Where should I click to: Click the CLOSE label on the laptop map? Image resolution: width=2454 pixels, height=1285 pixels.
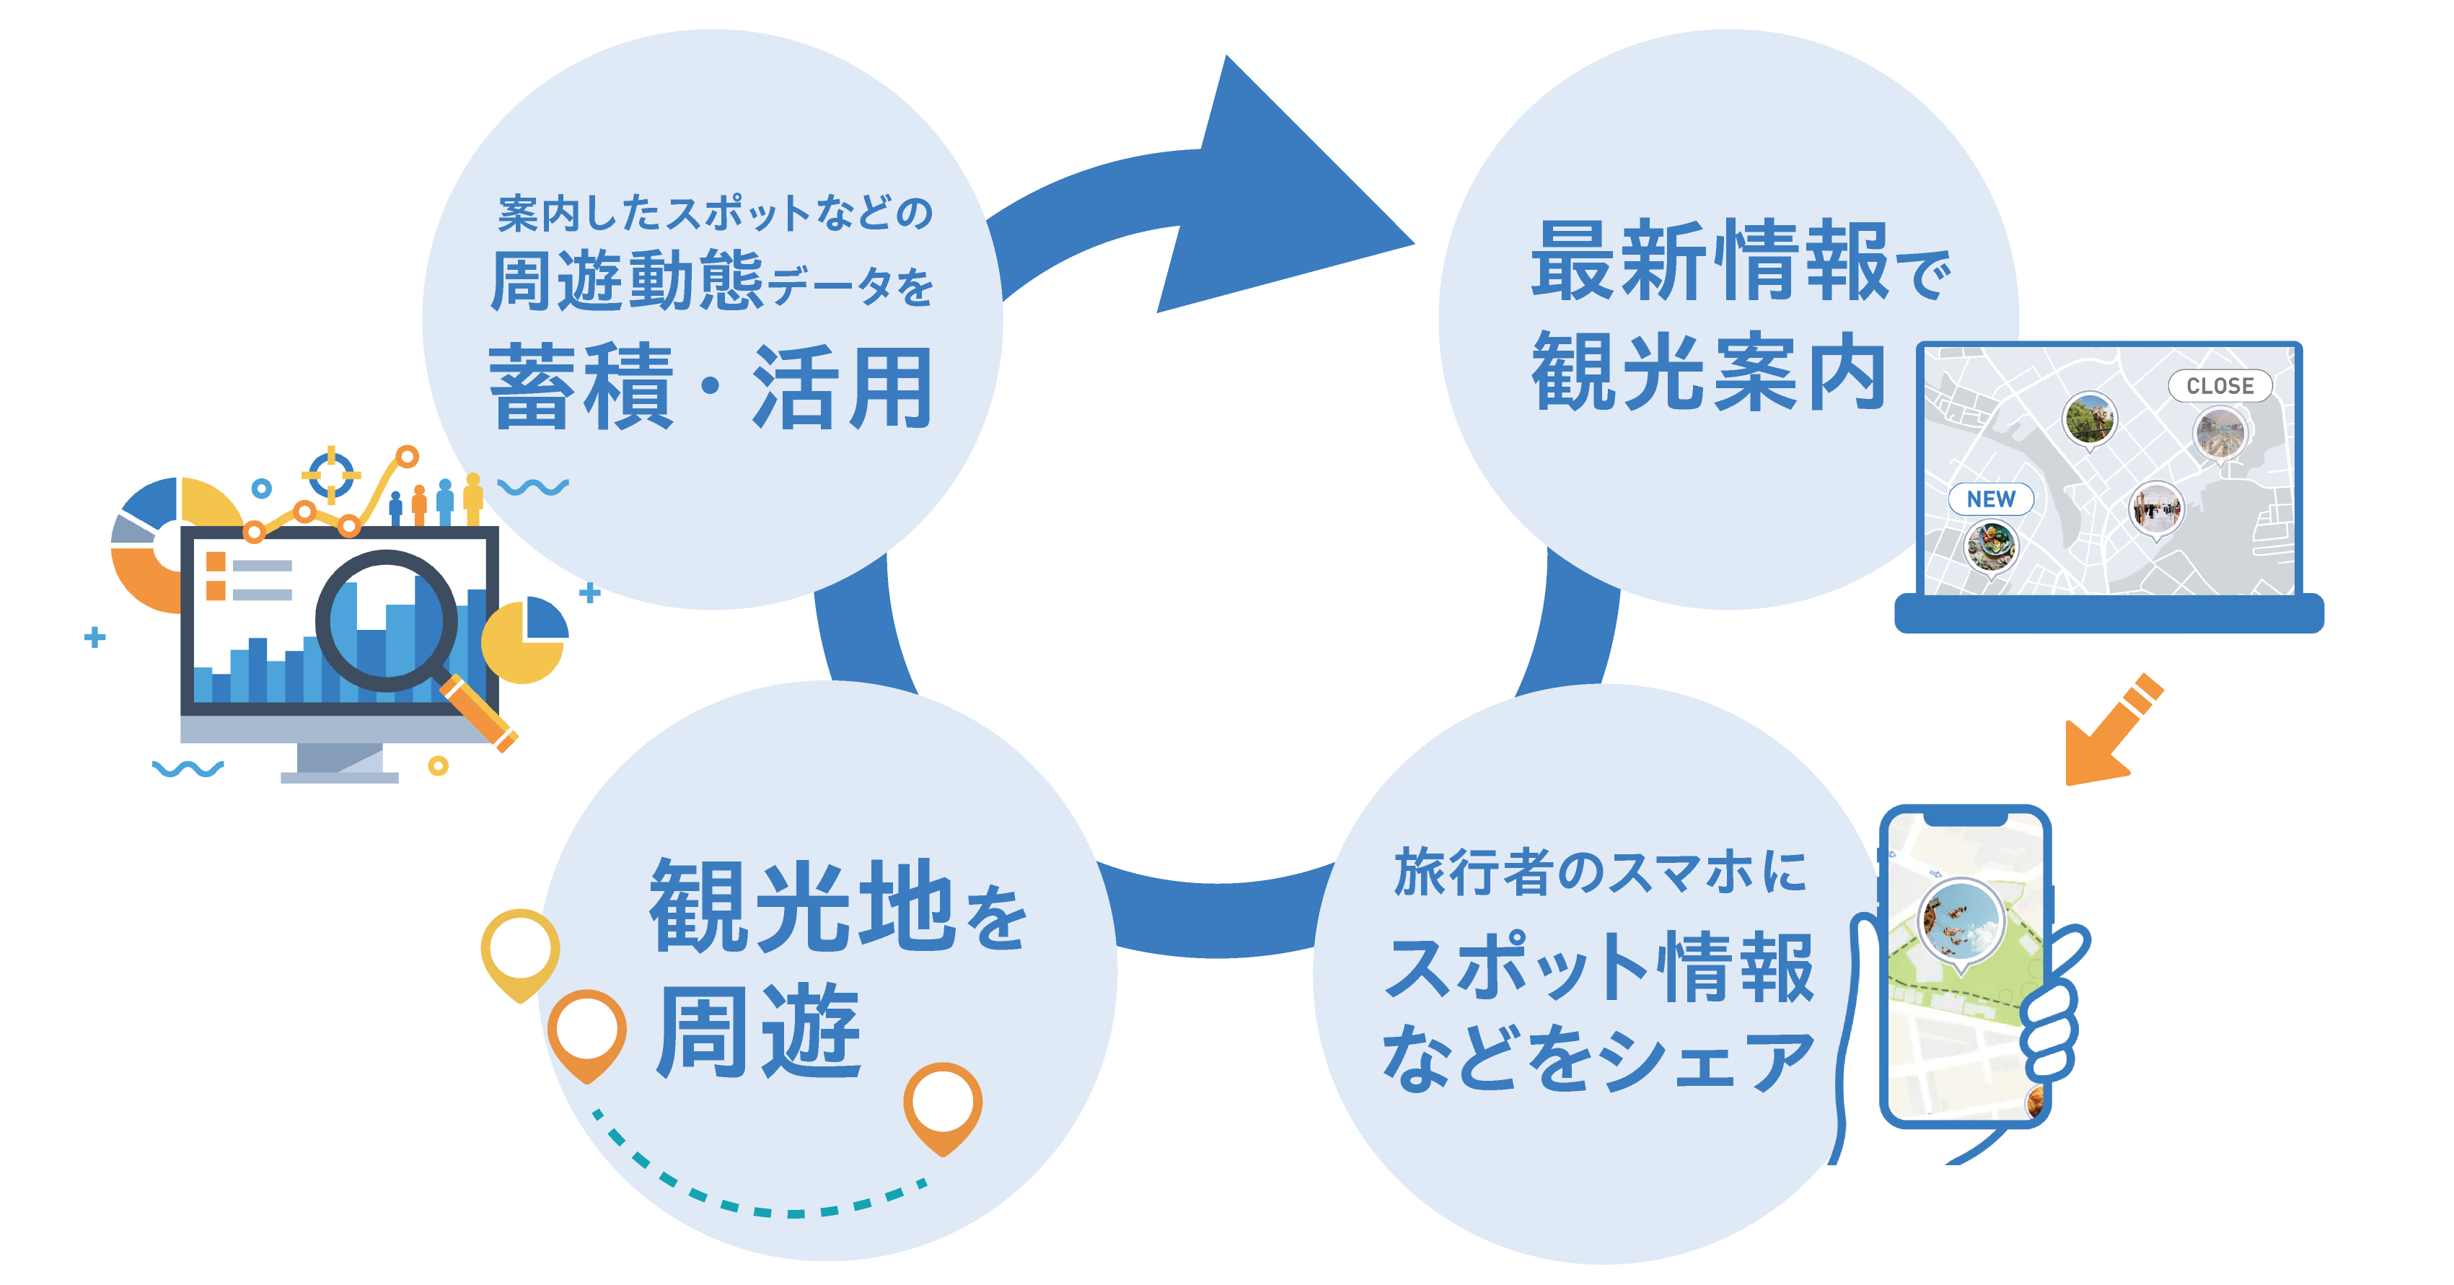tap(2219, 386)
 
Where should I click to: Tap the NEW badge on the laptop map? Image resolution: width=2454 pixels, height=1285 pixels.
tap(1990, 499)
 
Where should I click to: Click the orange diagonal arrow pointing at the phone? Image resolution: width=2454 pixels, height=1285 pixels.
tap(2109, 734)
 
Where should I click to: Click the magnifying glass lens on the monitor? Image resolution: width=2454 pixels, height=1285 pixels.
tap(386, 619)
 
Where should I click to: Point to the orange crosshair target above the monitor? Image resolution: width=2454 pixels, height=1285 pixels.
tap(330, 473)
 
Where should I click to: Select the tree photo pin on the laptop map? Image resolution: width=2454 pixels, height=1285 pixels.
tap(2089, 419)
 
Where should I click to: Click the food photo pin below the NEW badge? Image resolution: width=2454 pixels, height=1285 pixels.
tap(1991, 547)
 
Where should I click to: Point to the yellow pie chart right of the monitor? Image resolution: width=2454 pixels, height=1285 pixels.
tap(524, 640)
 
